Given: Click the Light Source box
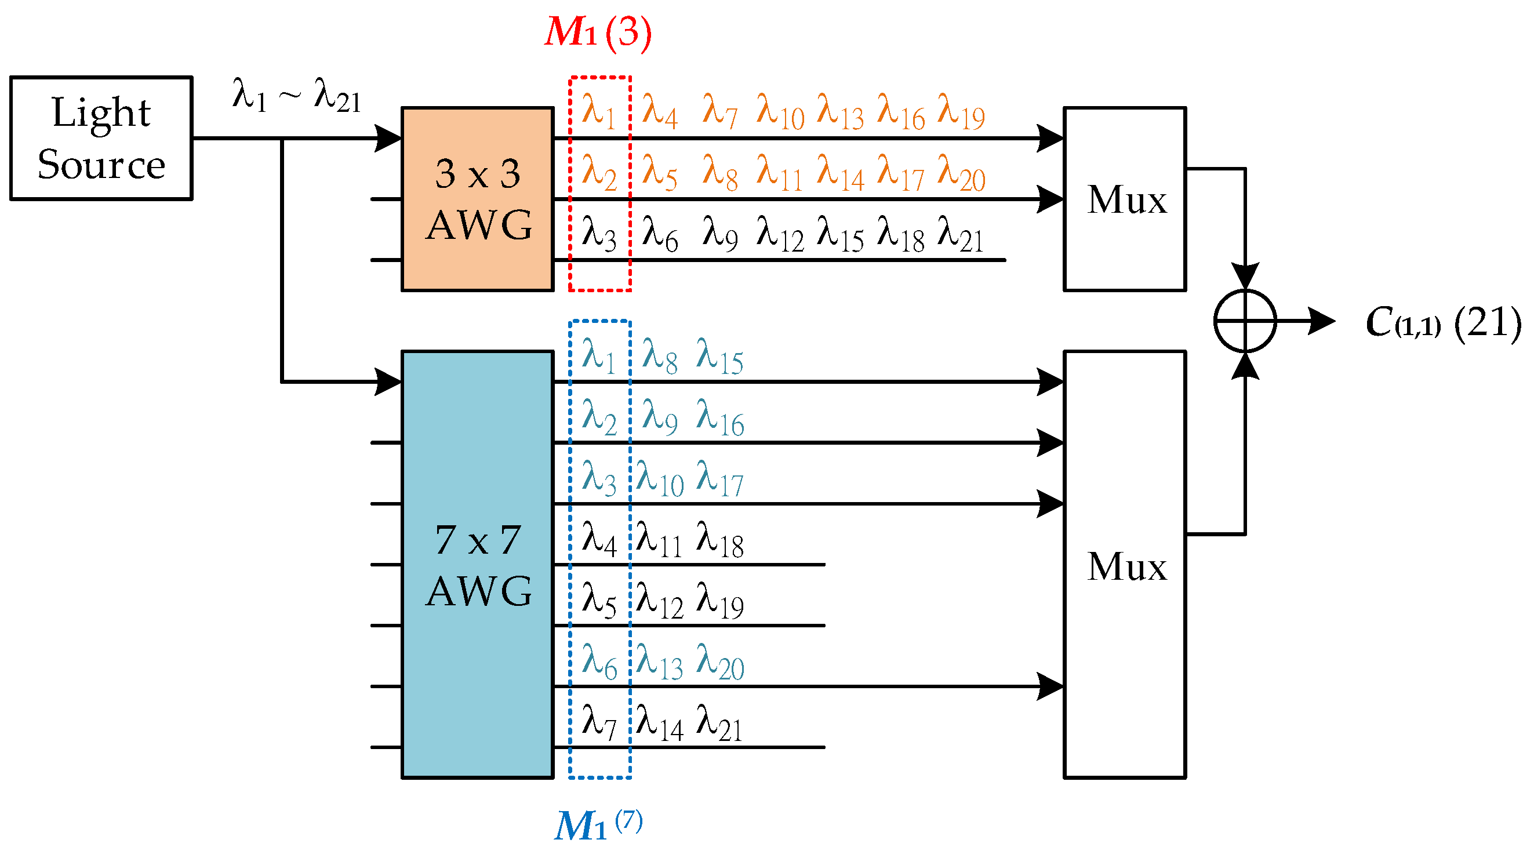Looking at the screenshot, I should tap(101, 138).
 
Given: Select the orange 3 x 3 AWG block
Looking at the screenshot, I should tap(478, 199).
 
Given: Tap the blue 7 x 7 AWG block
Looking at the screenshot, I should tap(478, 564).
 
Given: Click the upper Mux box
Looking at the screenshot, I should tap(1124, 199).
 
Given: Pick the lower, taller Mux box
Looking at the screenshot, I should tap(1124, 564).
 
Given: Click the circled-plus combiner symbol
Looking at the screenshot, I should tap(1245, 322).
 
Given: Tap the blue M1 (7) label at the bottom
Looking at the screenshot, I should tap(598, 825).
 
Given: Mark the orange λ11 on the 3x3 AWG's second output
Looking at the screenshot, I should tap(779, 173).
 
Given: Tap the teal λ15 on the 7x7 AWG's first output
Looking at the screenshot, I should tap(719, 357).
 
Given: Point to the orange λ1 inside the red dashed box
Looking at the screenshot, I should tap(598, 112).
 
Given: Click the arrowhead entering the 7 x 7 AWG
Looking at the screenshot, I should tap(388, 381).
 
